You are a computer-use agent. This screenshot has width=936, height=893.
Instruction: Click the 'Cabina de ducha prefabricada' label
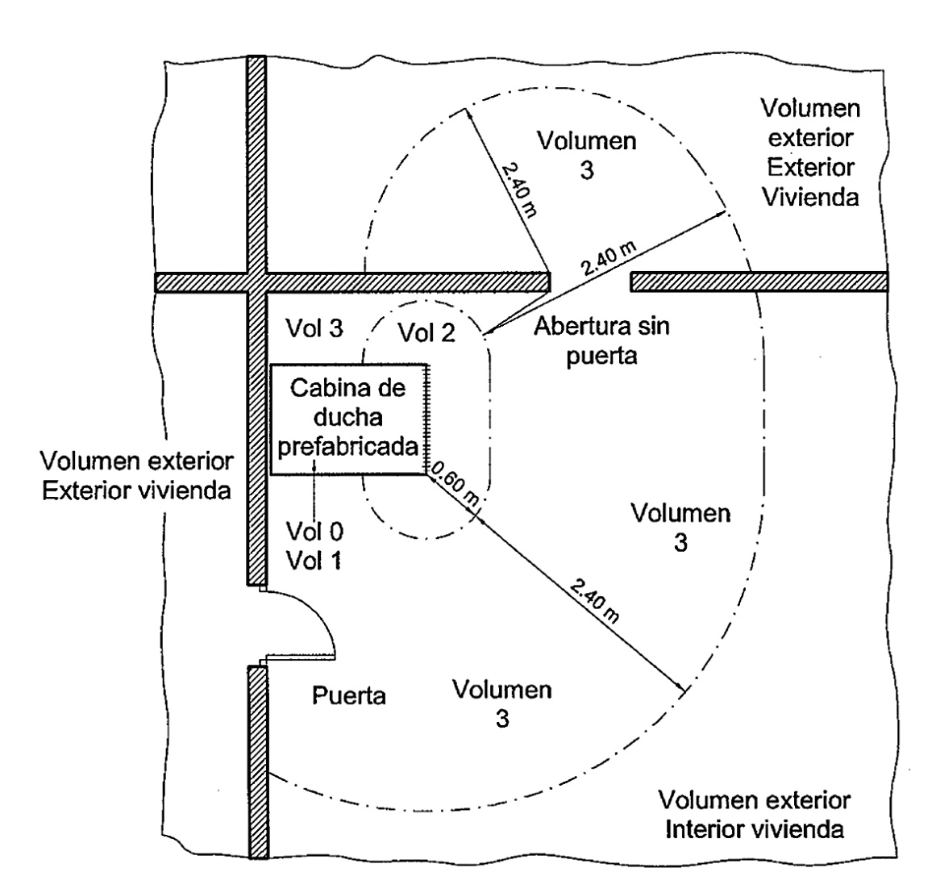[348, 417]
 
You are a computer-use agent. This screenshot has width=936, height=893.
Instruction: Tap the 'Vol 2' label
[427, 332]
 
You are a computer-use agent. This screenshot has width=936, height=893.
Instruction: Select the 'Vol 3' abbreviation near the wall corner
[314, 328]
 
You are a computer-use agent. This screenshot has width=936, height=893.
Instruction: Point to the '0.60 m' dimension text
[456, 485]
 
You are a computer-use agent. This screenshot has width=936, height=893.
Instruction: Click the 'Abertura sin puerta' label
[602, 340]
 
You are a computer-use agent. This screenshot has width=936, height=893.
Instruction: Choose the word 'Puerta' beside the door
[348, 695]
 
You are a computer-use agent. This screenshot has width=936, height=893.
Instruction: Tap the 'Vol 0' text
[314, 531]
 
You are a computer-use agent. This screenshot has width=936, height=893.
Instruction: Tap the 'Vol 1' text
[314, 559]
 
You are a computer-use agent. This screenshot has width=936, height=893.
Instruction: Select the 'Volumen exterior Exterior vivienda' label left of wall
[139, 475]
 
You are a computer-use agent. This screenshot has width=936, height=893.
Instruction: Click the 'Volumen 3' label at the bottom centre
[501, 704]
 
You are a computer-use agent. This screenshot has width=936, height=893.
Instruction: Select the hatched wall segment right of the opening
[758, 281]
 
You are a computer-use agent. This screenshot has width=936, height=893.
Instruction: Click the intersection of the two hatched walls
[256, 282]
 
